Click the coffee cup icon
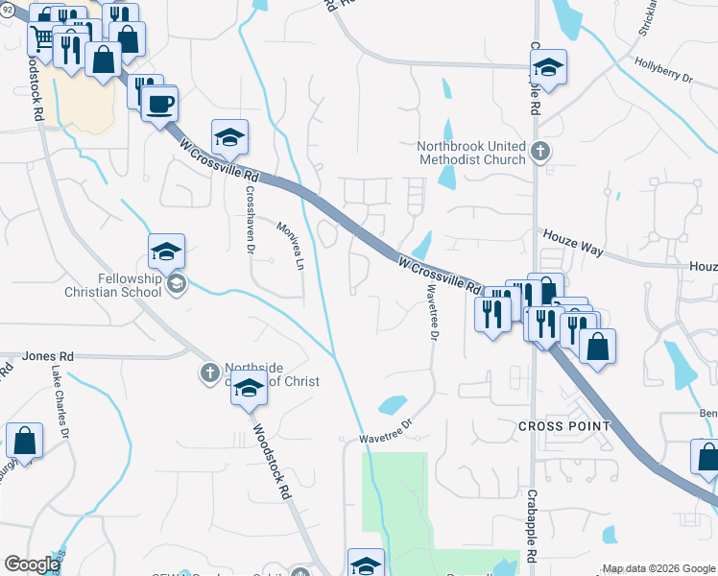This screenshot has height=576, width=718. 159,102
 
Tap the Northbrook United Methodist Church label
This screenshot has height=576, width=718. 471,152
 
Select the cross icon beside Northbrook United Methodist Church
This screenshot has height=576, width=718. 540,151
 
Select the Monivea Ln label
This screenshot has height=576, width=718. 290,244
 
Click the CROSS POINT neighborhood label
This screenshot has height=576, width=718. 563,425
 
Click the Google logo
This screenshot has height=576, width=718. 31,564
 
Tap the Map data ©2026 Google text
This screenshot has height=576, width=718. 658,568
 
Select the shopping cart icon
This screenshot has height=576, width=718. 42,37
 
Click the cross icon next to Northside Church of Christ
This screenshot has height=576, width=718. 209,372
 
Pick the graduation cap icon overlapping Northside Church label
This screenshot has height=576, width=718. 248,389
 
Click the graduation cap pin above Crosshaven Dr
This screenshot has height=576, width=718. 229,138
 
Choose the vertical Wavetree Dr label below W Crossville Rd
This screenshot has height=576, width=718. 431,314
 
